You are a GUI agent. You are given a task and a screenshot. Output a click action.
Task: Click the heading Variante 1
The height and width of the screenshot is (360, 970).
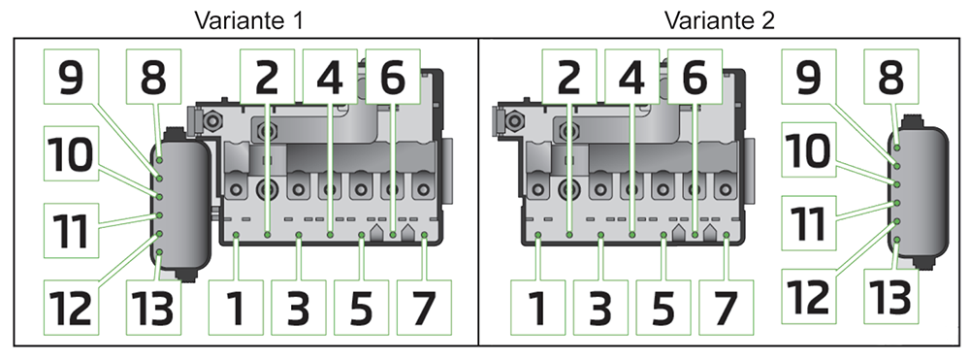click(x=244, y=19)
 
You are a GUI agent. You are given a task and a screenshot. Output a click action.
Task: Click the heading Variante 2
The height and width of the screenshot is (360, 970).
click(x=720, y=19)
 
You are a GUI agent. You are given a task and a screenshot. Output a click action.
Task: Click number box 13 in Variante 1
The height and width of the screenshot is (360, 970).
click(x=153, y=308)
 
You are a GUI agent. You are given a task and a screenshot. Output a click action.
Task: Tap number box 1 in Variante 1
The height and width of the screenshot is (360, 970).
click(x=237, y=308)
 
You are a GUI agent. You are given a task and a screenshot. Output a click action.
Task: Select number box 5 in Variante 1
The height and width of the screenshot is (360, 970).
click(x=361, y=308)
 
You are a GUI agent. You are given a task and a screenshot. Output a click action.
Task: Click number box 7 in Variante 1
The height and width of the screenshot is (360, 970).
click(x=425, y=308)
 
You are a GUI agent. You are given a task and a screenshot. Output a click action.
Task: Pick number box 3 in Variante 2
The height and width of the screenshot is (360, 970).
click(x=600, y=308)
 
